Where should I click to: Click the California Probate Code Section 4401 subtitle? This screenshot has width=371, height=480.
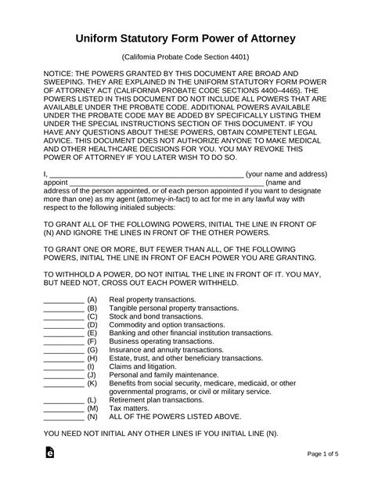[185, 58]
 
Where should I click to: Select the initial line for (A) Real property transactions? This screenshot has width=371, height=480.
[63, 301]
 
